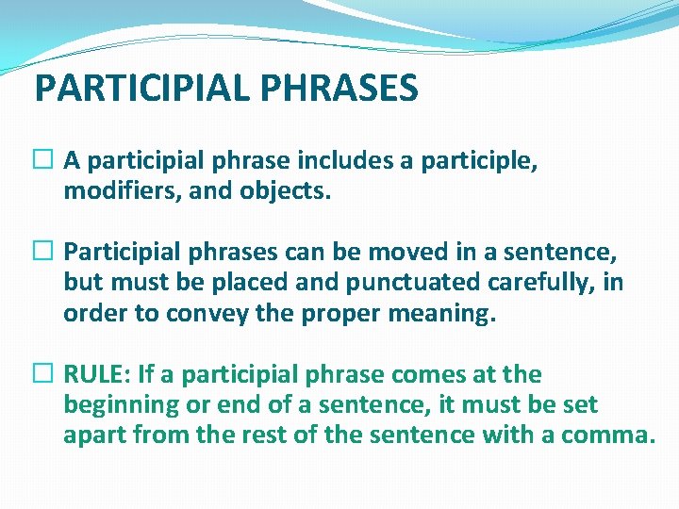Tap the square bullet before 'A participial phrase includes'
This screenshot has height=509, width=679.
[45, 161]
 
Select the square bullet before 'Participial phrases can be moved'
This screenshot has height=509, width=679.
[45, 253]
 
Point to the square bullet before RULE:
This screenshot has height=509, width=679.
[45, 374]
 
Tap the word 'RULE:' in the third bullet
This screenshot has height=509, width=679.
[97, 374]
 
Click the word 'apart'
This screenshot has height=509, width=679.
[95, 436]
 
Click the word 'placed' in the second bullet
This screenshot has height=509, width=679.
[216, 283]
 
